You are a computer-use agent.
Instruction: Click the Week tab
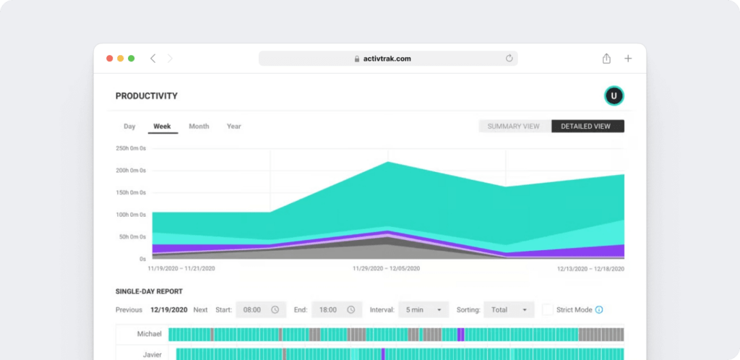[x=162, y=127]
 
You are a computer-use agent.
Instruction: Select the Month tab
[x=199, y=127]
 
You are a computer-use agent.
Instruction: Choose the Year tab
[x=233, y=127]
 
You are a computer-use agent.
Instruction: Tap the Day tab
[x=129, y=127]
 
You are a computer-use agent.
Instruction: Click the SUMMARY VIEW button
[x=514, y=127]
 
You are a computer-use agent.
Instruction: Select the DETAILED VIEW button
[x=588, y=127]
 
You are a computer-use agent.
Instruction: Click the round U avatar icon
[x=614, y=95]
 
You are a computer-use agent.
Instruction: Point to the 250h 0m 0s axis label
[x=131, y=148]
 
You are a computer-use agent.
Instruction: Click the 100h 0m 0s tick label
[x=131, y=215]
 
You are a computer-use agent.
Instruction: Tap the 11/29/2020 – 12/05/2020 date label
[x=386, y=268]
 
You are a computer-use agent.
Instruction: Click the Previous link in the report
[x=129, y=310]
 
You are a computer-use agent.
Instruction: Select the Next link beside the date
[x=200, y=310]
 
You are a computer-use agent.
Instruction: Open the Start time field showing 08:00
[x=260, y=310]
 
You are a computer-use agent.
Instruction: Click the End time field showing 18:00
[x=336, y=310]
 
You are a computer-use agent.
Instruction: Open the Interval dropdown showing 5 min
[x=423, y=310]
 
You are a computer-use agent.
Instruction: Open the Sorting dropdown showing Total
[x=509, y=310]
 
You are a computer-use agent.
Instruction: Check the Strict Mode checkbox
[x=548, y=310]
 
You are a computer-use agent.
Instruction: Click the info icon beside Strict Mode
[x=599, y=310]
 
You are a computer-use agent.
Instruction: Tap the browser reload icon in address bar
[x=509, y=59]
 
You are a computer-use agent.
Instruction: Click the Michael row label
[x=150, y=335]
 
